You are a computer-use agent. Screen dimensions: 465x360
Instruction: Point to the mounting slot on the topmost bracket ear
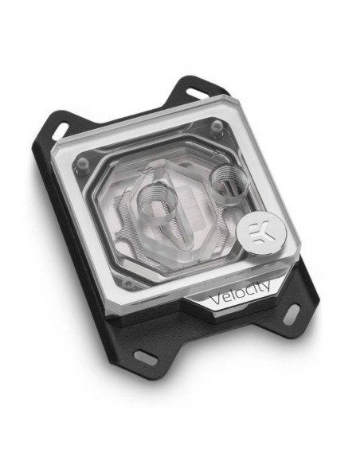click(x=198, y=94)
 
